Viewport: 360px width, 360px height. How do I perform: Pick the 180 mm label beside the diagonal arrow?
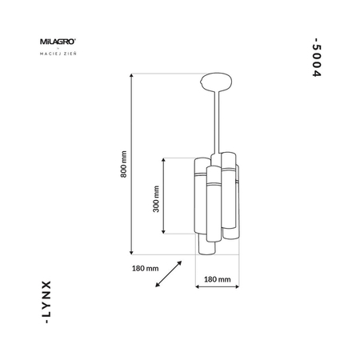coord(143,266)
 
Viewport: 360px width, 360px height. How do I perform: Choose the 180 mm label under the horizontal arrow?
coord(218,280)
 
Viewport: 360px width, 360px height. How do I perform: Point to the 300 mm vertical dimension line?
coord(164,196)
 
